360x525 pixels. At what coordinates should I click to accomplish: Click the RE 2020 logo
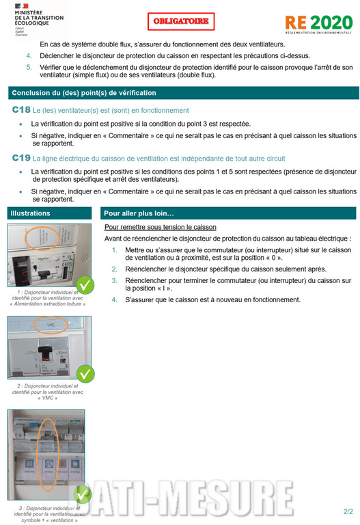[x=320, y=25]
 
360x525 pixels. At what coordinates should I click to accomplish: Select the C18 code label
[x=21, y=110]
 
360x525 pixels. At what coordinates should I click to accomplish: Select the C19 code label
[x=21, y=158]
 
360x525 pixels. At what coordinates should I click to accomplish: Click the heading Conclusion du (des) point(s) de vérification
[x=83, y=93]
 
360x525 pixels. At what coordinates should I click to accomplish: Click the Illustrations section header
[x=31, y=213]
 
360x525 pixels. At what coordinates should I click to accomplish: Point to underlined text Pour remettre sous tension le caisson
[x=160, y=227]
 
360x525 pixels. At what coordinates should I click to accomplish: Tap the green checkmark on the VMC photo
[x=85, y=373]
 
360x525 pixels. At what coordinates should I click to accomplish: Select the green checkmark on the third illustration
[x=83, y=493]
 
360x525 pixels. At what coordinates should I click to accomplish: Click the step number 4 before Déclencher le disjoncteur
[x=29, y=55]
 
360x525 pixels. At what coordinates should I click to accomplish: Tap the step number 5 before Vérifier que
[x=29, y=67]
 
